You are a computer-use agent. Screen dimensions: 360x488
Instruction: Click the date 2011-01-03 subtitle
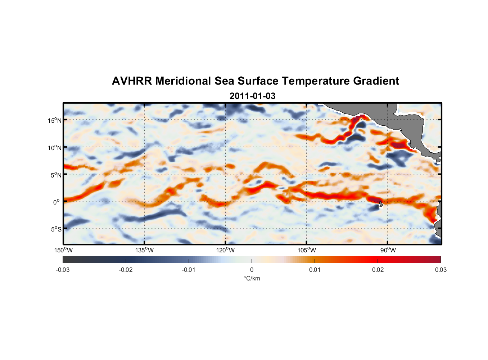252,96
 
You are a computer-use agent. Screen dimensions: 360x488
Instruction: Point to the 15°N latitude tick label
55,120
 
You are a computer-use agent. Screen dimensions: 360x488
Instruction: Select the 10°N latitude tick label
55,148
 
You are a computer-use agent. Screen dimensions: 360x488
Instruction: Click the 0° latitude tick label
57,202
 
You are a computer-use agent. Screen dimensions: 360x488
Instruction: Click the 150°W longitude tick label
63,250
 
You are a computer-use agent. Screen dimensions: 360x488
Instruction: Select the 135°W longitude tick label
144,250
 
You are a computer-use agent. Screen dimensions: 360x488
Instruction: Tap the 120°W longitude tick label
225,250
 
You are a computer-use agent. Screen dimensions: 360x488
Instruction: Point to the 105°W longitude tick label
307,250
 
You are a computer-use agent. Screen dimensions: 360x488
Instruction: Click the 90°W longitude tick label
388,250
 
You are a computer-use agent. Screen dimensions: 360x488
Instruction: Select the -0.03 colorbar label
63,270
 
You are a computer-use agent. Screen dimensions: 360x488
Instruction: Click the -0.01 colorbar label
189,270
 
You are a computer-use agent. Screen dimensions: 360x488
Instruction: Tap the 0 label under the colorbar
252,270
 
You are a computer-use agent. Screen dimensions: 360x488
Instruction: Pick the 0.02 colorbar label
378,270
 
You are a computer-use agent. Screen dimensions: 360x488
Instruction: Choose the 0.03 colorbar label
440,270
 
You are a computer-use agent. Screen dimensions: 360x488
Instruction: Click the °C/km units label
252,278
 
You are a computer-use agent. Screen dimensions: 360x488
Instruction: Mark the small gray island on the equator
381,204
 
